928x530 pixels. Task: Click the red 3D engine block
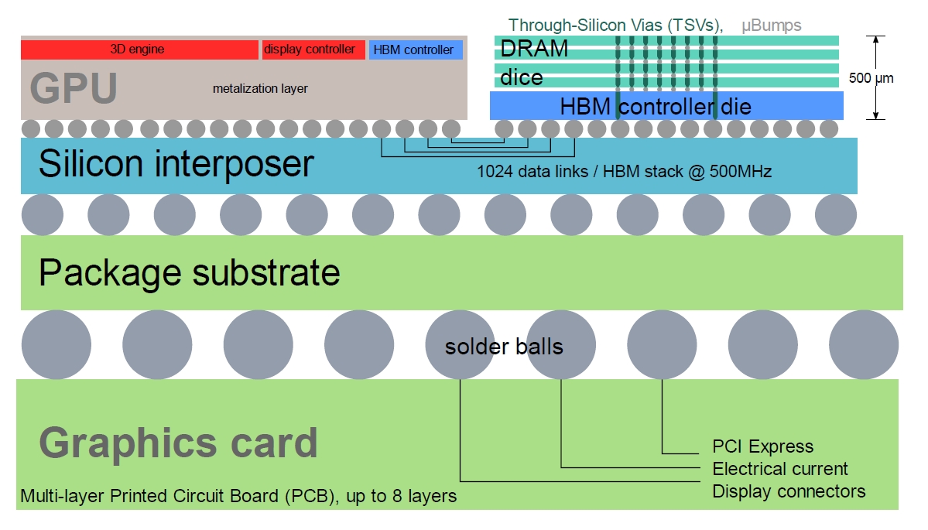pyautogui.click(x=139, y=50)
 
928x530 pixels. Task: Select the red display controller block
pyautogui.click(x=313, y=50)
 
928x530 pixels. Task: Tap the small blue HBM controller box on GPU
pyautogui.click(x=416, y=50)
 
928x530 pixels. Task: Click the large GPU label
pyautogui.click(x=74, y=88)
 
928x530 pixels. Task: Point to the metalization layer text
pyautogui.click(x=260, y=89)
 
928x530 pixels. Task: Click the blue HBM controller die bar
pyautogui.click(x=666, y=105)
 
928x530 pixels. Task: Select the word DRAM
pyautogui.click(x=534, y=49)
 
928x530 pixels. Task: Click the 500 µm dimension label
pyautogui.click(x=871, y=78)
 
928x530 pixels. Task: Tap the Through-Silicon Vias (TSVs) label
pyautogui.click(x=615, y=26)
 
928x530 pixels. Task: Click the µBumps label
pyautogui.click(x=771, y=26)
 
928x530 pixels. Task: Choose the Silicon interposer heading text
pyautogui.click(x=176, y=163)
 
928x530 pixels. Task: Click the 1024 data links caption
pyautogui.click(x=625, y=172)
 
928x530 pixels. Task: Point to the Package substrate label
pyautogui.click(x=190, y=272)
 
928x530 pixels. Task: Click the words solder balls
pyautogui.click(x=504, y=347)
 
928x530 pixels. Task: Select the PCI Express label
pyautogui.click(x=763, y=446)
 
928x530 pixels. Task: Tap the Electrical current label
pyautogui.click(x=780, y=468)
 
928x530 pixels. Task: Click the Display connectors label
pyautogui.click(x=789, y=491)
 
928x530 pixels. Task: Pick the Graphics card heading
pyautogui.click(x=178, y=443)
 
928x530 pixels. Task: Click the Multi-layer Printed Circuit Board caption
pyautogui.click(x=238, y=496)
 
